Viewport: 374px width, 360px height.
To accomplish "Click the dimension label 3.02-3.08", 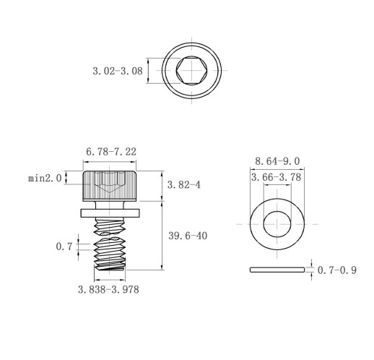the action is (x=118, y=71).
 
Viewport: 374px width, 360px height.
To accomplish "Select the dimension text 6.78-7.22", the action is (x=111, y=152).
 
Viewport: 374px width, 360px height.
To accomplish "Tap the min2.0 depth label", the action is (x=45, y=179).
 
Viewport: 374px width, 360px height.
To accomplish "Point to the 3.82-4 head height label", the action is (x=183, y=185).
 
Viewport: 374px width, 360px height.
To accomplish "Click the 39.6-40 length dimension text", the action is (x=188, y=236).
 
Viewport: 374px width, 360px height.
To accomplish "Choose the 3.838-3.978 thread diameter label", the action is (x=108, y=289).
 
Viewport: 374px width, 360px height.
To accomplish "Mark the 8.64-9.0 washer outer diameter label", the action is (x=277, y=161).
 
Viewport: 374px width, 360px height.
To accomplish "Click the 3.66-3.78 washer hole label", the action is (x=276, y=178).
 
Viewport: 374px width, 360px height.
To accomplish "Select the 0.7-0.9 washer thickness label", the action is (x=337, y=270).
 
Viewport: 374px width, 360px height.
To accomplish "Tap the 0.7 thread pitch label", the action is (x=64, y=247).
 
